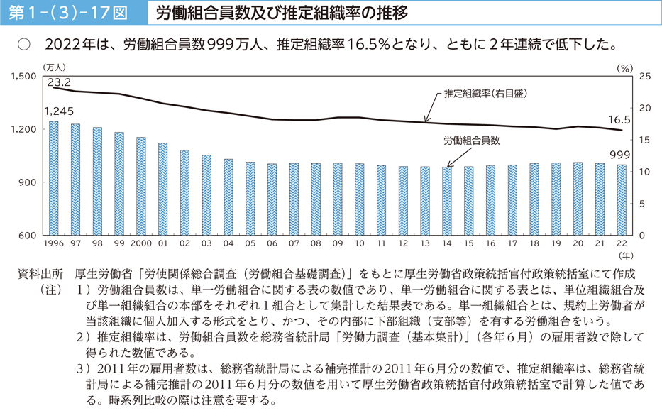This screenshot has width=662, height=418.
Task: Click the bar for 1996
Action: pyautogui.click(x=54, y=178)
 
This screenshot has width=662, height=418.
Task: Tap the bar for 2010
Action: pyautogui.click(x=360, y=199)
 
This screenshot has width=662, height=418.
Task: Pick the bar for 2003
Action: pyautogui.click(x=206, y=195)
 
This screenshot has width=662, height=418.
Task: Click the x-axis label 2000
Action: pyautogui.click(x=141, y=243)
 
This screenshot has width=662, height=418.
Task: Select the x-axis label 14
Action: pyautogui.click(x=447, y=243)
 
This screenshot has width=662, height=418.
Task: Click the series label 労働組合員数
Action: pyautogui.click(x=472, y=141)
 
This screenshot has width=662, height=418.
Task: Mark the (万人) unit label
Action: pyautogui.click(x=53, y=66)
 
